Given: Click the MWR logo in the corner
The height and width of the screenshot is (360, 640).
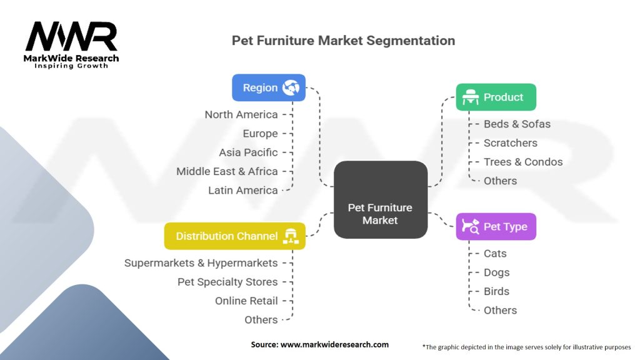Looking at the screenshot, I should [x=71, y=44].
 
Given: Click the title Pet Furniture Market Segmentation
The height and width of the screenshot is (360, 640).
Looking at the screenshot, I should [x=343, y=41].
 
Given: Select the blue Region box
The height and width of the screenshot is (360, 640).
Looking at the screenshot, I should [x=269, y=87].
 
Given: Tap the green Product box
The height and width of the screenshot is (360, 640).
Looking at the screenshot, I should [x=496, y=97].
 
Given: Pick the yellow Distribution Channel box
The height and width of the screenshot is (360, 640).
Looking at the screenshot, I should [x=235, y=236].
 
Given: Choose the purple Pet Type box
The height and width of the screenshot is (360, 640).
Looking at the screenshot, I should [x=496, y=226].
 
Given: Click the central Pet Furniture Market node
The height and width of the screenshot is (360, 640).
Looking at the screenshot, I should [x=380, y=200].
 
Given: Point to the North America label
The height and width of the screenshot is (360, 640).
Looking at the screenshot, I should [x=241, y=114].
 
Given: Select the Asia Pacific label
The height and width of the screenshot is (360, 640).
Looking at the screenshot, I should [x=248, y=152].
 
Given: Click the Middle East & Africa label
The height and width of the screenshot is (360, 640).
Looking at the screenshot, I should [x=227, y=171].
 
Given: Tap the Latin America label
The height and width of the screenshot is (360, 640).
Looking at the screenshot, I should [x=242, y=190].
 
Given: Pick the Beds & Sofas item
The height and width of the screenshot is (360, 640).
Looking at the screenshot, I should [x=517, y=124].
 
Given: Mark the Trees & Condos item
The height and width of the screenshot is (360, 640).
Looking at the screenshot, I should [x=523, y=162].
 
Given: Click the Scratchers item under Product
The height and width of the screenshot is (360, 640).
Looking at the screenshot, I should [x=510, y=143].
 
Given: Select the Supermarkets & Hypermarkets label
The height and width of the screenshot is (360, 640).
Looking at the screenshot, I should [x=201, y=263].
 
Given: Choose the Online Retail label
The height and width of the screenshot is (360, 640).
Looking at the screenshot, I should [x=246, y=301].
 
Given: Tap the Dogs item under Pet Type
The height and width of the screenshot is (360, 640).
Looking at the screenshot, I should [x=496, y=272].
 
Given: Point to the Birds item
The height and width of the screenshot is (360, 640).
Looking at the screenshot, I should [x=496, y=291].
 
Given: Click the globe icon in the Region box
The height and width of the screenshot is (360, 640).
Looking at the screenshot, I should [x=291, y=87].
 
